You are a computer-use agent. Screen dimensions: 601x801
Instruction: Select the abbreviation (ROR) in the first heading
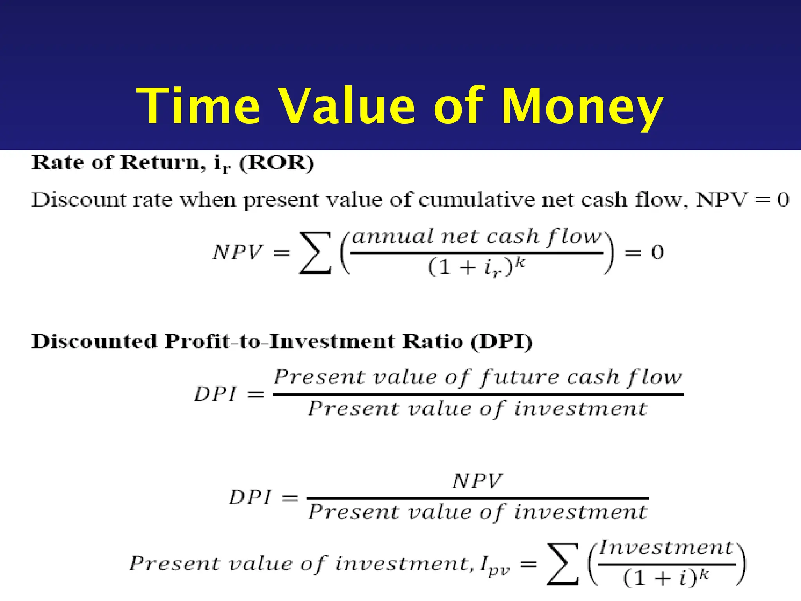click(277, 163)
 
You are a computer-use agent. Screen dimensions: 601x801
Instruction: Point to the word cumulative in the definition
click(477, 200)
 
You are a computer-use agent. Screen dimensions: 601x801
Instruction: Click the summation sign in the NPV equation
click(315, 252)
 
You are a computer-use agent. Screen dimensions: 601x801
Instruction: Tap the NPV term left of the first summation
click(237, 252)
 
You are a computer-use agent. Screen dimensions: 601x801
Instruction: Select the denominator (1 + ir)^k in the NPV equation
click(477, 268)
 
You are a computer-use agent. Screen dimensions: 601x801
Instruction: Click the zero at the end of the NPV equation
click(657, 252)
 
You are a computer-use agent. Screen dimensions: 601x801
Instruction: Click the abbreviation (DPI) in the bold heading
click(501, 342)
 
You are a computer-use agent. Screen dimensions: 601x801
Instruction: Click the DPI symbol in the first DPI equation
click(216, 394)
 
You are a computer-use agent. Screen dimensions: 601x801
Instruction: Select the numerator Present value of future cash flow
click(478, 378)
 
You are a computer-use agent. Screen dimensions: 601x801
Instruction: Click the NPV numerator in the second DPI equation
click(477, 481)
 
